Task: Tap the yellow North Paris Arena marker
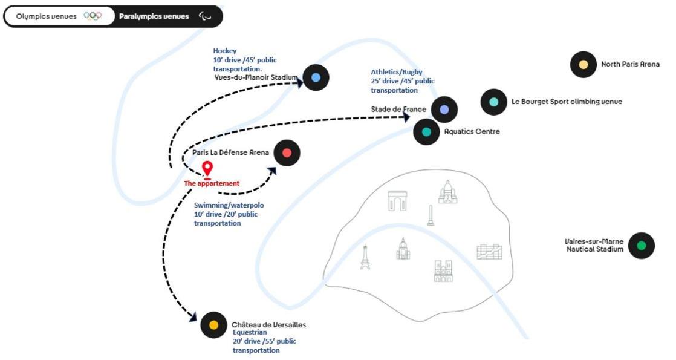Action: coord(583,64)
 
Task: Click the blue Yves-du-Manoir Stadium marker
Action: coord(316,77)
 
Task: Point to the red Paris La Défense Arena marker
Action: coord(287,153)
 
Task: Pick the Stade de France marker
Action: coord(444,110)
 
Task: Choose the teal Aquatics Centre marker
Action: coord(426,131)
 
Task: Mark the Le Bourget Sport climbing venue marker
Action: coord(494,102)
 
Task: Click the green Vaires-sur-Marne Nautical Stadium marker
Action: coord(642,246)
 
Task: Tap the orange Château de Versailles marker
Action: coord(213,325)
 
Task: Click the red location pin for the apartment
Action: coord(207,169)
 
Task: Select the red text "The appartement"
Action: coord(212,183)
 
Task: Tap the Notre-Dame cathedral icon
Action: coord(443,270)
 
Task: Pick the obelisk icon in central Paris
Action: coord(431,215)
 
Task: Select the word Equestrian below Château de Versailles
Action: coord(250,332)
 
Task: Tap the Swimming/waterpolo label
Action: coord(229,206)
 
